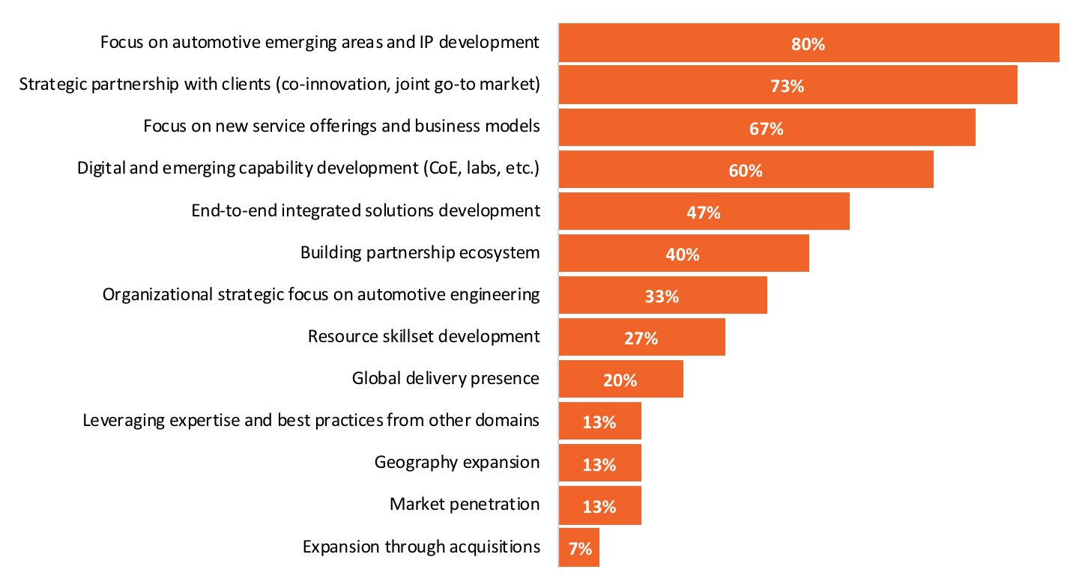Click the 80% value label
(808, 44)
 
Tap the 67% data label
(766, 129)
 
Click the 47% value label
(703, 213)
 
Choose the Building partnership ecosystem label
(420, 252)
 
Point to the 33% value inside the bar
(661, 296)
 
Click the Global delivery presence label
(445, 378)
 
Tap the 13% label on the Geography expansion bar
(599, 464)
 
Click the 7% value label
(579, 549)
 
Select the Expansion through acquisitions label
(421, 547)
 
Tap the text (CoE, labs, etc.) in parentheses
(477, 168)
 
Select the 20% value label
(620, 380)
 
